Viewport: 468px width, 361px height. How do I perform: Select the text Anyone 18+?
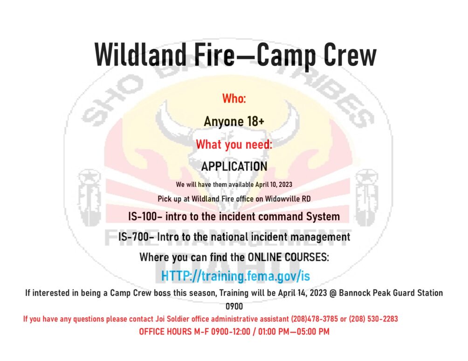coord(234,122)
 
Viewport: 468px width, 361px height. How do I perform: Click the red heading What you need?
coord(234,145)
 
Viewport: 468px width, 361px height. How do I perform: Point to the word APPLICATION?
coord(234,166)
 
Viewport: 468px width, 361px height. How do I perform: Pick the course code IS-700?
coord(135,237)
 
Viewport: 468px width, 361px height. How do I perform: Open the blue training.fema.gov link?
coord(235,276)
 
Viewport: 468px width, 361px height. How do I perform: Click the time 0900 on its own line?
coord(234,307)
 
